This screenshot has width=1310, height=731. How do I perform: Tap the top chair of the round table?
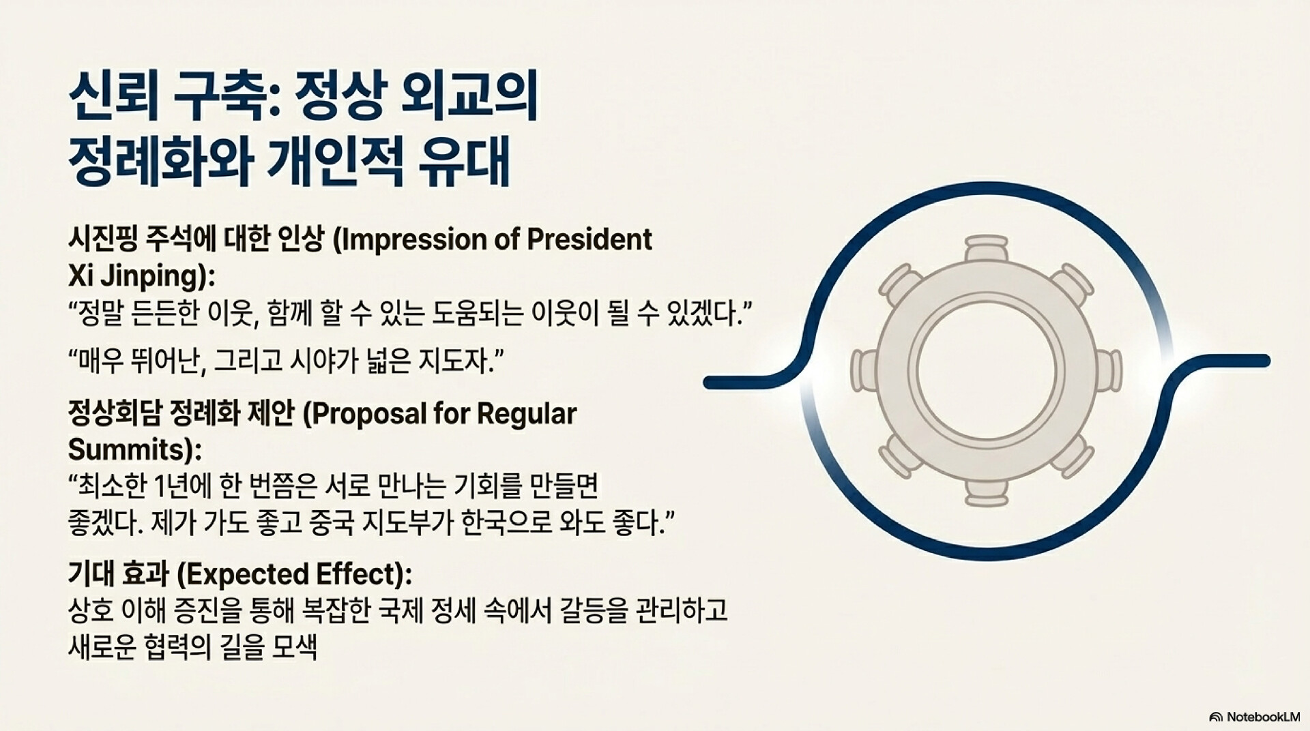click(987, 250)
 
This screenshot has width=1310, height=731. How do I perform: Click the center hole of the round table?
click(987, 371)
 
